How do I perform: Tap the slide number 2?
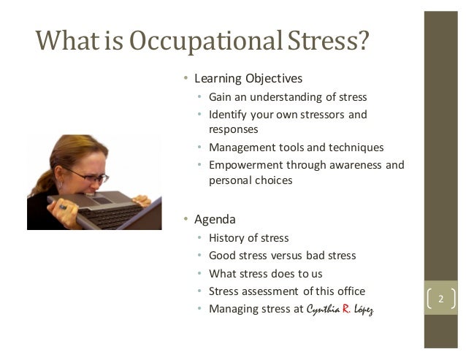(x=440, y=299)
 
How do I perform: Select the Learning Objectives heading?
(x=248, y=78)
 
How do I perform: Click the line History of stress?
(x=248, y=238)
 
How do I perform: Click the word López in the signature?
(x=367, y=309)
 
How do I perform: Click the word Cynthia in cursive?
(x=322, y=309)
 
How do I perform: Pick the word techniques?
(x=356, y=147)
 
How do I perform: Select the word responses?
(x=233, y=129)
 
